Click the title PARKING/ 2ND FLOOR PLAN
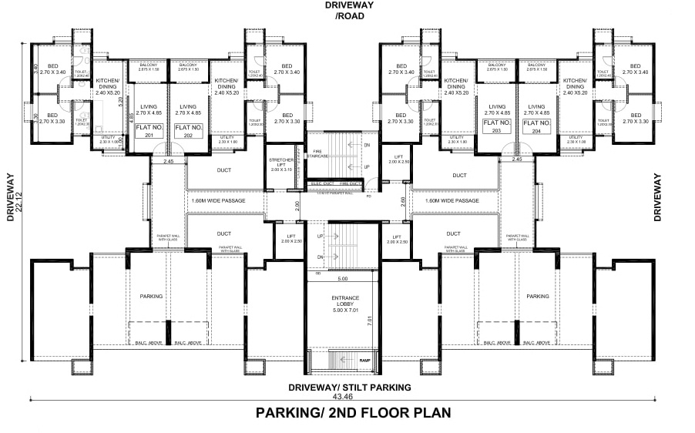(354, 412)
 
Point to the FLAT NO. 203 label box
(497, 126)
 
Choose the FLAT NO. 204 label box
(537, 126)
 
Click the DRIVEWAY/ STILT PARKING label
(350, 387)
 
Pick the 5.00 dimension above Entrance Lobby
(343, 278)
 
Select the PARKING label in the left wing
(151, 296)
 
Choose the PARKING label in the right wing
(537, 296)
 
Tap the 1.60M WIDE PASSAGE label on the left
(220, 200)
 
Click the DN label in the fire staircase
(367, 145)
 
